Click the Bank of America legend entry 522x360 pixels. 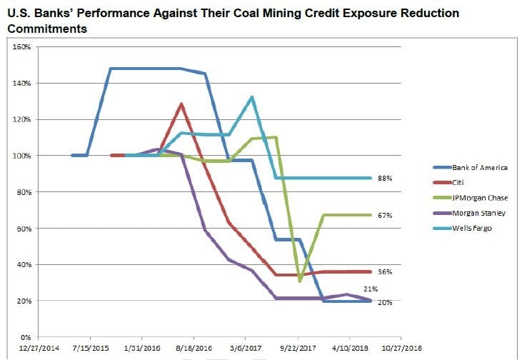[x=480, y=167]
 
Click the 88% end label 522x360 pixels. [x=386, y=178]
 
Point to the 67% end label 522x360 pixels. [x=386, y=214]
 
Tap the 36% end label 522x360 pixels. [x=386, y=271]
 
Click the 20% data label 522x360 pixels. [x=386, y=302]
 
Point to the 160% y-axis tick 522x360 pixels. [x=21, y=47]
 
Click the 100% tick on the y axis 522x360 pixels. [x=21, y=156]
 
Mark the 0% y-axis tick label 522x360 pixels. [x=24, y=337]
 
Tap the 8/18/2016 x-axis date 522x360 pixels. [x=194, y=350]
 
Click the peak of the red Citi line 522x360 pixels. [x=181, y=104]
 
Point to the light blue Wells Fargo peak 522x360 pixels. [x=252, y=97]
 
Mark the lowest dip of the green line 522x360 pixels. [x=300, y=281]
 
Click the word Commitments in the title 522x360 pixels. [x=49, y=29]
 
